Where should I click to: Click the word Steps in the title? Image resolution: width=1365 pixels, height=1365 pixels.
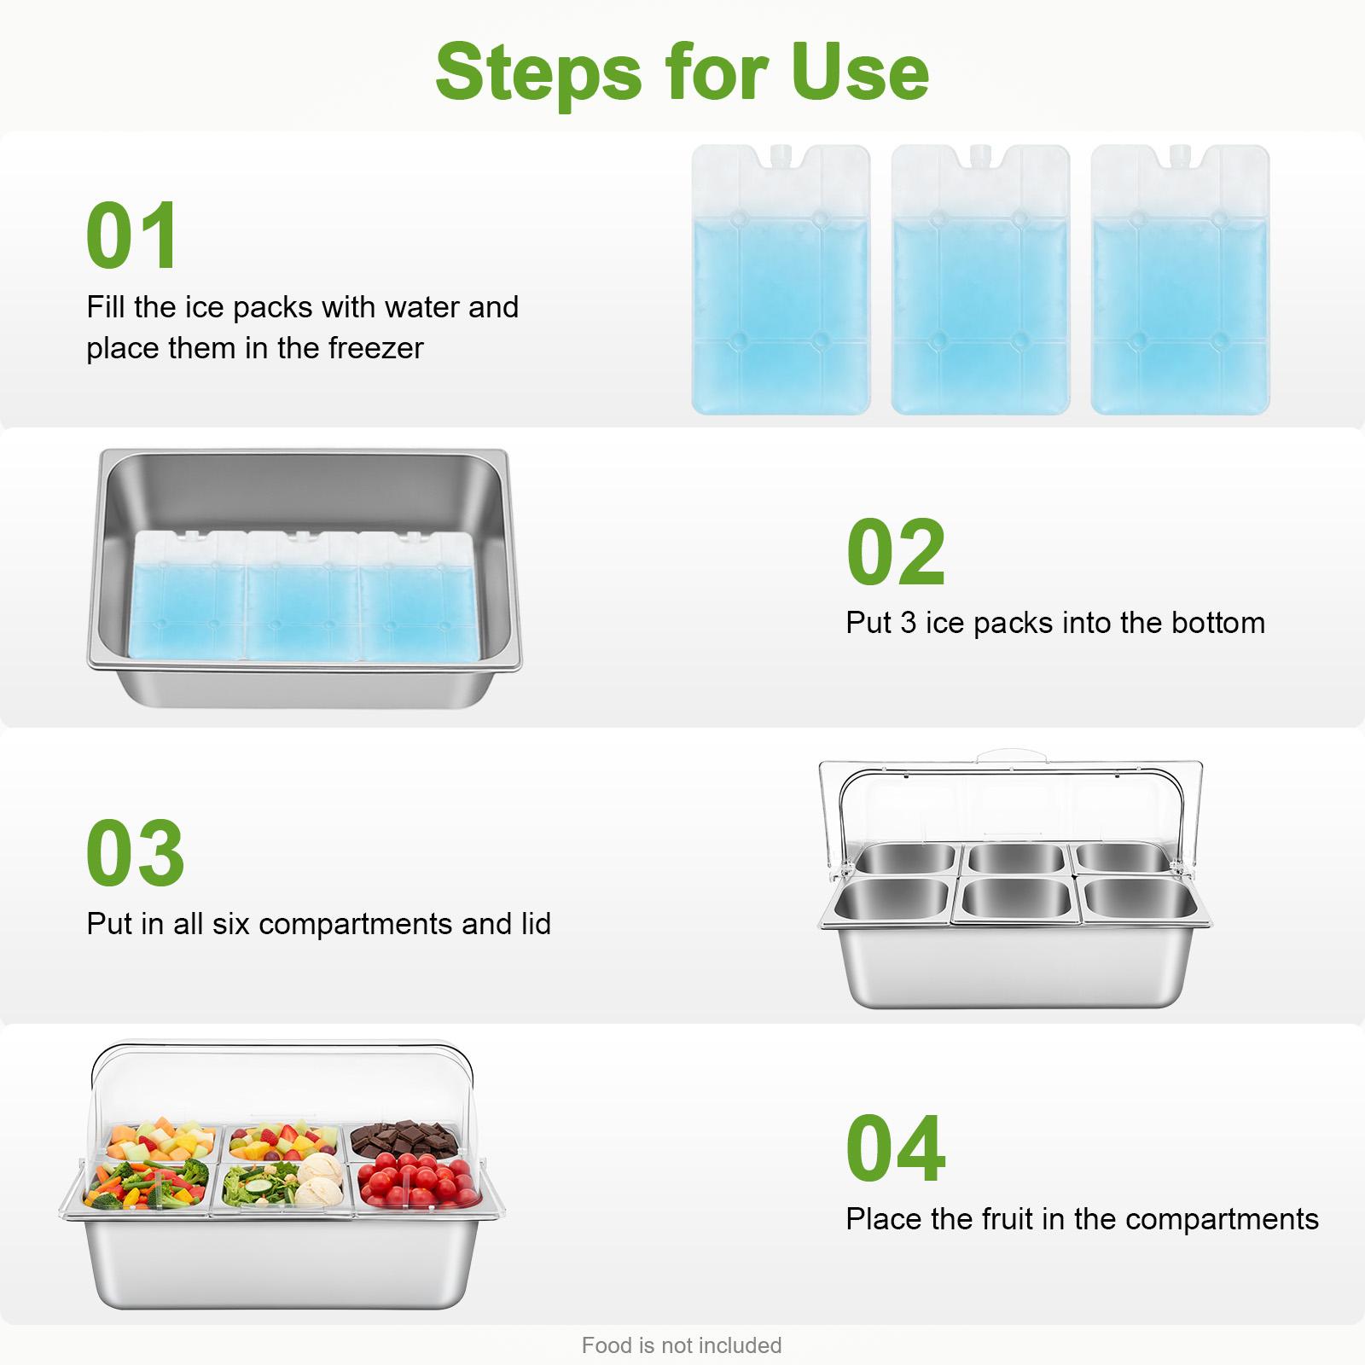pos(537,73)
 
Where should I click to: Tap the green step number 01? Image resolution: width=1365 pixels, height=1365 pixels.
pos(132,235)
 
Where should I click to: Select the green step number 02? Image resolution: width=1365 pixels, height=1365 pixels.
pos(896,552)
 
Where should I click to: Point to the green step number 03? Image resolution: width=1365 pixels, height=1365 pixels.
pos(135,853)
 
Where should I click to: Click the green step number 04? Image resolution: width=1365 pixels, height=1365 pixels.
pos(896,1149)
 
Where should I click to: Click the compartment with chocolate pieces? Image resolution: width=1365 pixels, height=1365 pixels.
pos(404,1139)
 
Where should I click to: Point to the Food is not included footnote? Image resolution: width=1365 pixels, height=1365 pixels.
pos(681,1345)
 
